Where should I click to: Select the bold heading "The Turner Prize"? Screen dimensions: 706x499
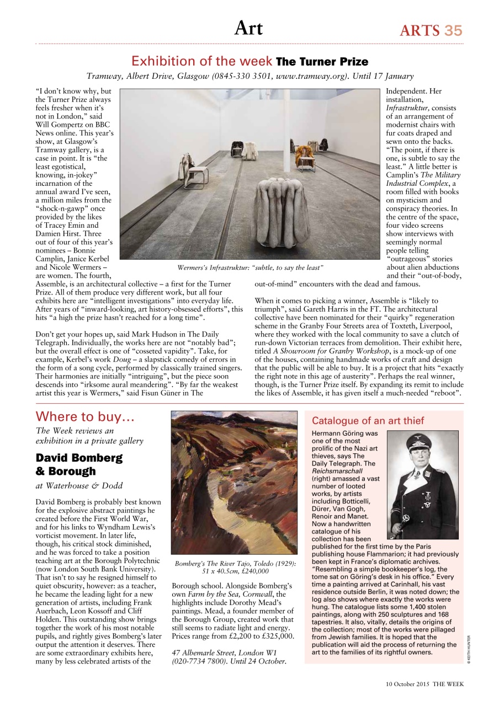coord(322,61)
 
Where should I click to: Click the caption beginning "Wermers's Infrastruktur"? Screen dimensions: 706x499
coord(250,268)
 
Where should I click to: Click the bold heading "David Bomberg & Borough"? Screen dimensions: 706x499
coord(79,464)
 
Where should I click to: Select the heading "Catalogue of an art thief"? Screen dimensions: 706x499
coord(368,421)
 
